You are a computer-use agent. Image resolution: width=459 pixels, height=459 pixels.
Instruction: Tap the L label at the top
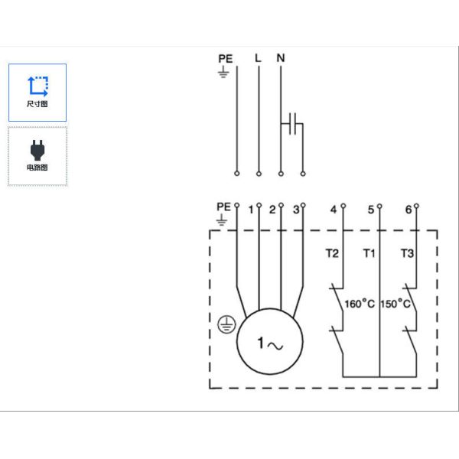(258, 58)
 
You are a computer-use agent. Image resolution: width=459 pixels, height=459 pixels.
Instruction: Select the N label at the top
(281, 58)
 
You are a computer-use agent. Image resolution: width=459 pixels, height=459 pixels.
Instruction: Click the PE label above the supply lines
(226, 59)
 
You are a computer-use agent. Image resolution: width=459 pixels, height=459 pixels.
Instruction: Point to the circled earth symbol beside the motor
(226, 324)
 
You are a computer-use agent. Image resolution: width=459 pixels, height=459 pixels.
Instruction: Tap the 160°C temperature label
(360, 304)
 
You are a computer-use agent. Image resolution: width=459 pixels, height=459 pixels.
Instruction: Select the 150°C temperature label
(396, 304)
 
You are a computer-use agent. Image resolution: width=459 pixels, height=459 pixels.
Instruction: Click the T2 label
(332, 253)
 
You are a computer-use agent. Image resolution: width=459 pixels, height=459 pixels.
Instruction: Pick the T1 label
(369, 253)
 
